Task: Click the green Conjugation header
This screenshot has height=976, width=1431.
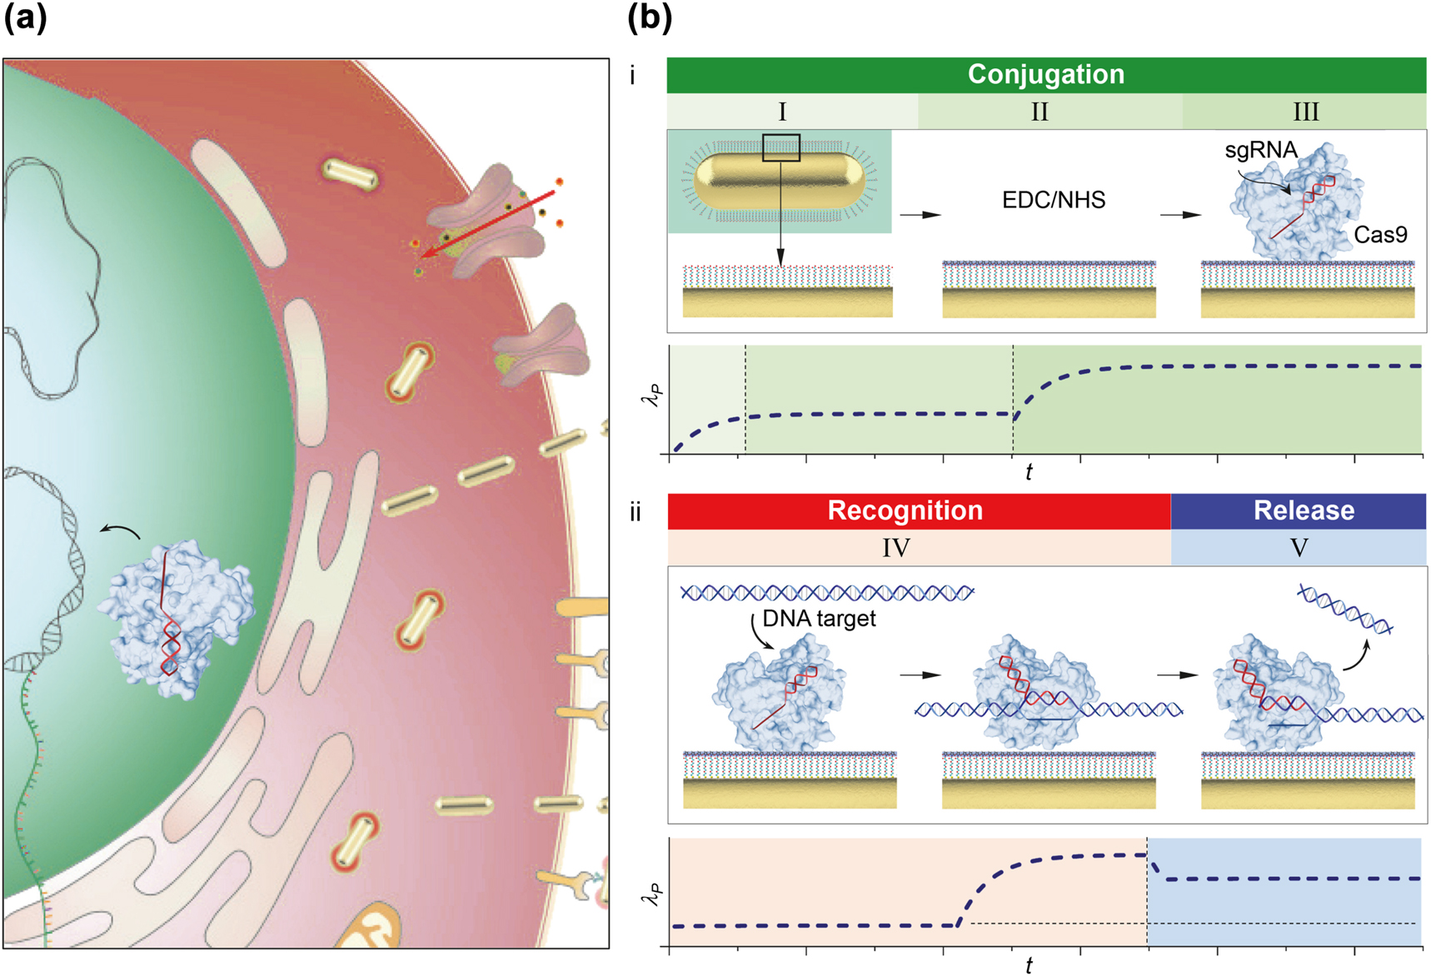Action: tap(1046, 75)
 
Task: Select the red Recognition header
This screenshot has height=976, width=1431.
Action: tap(905, 510)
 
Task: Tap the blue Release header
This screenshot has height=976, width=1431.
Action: tap(1304, 510)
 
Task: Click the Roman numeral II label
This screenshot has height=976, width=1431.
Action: tap(1040, 112)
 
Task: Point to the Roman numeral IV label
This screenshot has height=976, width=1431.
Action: tap(896, 548)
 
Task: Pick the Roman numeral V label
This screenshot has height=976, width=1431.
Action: tap(1299, 548)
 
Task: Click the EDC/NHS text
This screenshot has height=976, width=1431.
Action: tap(1054, 201)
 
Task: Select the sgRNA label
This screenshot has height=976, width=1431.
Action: tap(1260, 151)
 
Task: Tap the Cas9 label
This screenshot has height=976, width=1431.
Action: tap(1380, 235)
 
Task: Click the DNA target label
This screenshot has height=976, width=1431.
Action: tap(819, 619)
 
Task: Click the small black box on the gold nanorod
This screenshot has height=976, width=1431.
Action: tap(781, 147)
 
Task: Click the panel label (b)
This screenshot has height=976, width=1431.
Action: tap(649, 18)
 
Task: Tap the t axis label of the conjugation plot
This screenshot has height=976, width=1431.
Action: tap(1029, 473)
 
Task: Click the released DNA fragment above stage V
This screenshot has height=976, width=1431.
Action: tap(1345, 610)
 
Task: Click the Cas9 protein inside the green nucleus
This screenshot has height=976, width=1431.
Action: tap(175, 616)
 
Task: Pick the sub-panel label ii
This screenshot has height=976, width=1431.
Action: tap(636, 512)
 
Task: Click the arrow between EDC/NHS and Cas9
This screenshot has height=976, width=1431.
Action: tap(1180, 215)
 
